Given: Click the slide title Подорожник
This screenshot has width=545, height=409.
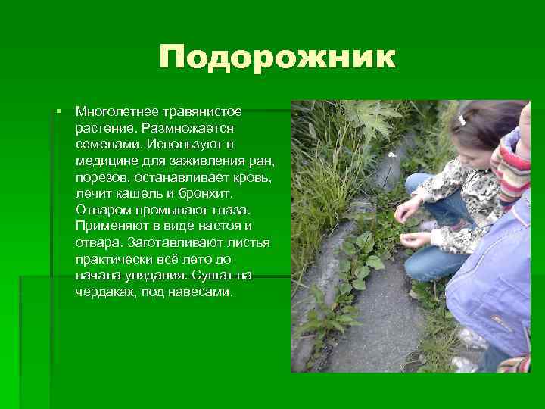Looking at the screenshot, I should pyautogui.click(x=277, y=58).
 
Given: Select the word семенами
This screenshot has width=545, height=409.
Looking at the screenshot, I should pyautogui.click(x=108, y=144).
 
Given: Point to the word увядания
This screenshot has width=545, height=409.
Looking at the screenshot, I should pyautogui.click(x=155, y=275).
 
